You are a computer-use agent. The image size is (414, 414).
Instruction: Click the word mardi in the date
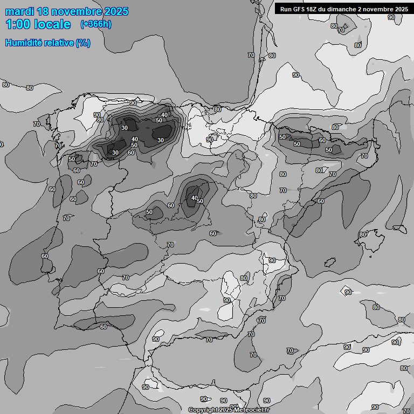tap(20, 11)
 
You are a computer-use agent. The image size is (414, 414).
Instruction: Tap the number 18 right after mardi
tap(45, 11)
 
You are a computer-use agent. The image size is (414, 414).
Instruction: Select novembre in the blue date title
tap(78, 11)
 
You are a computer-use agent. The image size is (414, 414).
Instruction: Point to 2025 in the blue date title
tap(116, 11)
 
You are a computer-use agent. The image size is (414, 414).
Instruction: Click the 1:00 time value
tap(19, 24)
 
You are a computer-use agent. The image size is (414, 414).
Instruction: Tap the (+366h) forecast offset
tap(95, 24)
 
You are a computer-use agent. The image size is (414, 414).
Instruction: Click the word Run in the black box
tap(285, 9)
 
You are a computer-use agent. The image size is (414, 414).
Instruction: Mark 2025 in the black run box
tap(402, 9)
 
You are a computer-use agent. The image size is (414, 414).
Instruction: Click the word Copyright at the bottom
tap(203, 410)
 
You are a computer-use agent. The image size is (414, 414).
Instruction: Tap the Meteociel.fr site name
tap(252, 410)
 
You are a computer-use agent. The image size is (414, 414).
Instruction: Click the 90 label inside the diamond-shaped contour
tap(348, 292)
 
